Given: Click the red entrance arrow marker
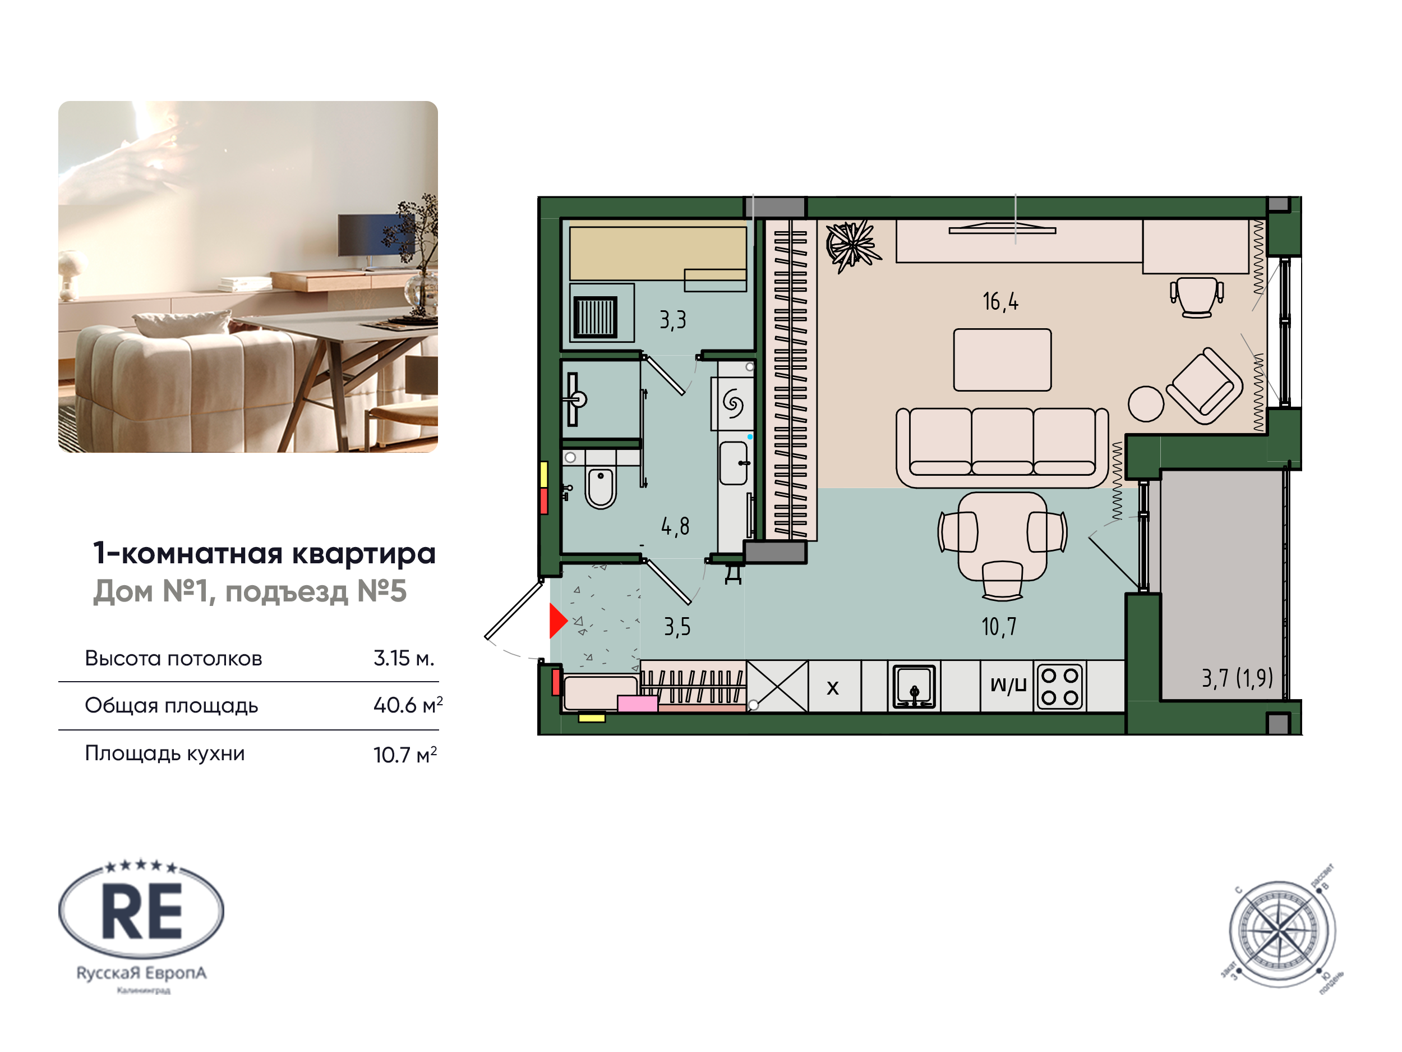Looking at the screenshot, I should [x=556, y=620].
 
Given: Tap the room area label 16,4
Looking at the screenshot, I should [x=1000, y=302].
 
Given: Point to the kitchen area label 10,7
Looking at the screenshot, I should [x=998, y=627].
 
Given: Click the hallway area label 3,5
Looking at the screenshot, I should [x=677, y=627].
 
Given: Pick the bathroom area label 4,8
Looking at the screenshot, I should [x=675, y=526].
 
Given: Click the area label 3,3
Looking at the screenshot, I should [x=672, y=320].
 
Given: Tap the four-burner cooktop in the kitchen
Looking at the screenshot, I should [x=1060, y=686].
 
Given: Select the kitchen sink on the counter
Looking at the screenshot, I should [x=914, y=686].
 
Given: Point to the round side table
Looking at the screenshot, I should [x=1146, y=403].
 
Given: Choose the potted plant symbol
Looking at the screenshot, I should [x=851, y=245].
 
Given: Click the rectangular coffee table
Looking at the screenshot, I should [x=1002, y=360].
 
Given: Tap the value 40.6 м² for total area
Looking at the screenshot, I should [x=408, y=705].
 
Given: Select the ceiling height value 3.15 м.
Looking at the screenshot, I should [x=404, y=658].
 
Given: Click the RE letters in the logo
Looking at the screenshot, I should [x=142, y=912].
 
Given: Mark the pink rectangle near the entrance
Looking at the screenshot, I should [x=637, y=703].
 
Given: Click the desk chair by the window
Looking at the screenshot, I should [x=1197, y=297].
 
